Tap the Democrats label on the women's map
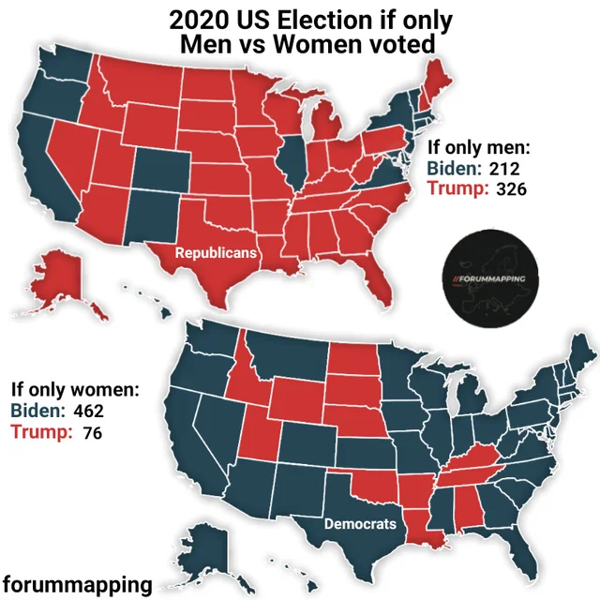pos(360,523)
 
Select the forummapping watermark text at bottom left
pos(78,585)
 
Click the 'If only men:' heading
pos(479,148)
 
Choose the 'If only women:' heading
pos(76,389)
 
